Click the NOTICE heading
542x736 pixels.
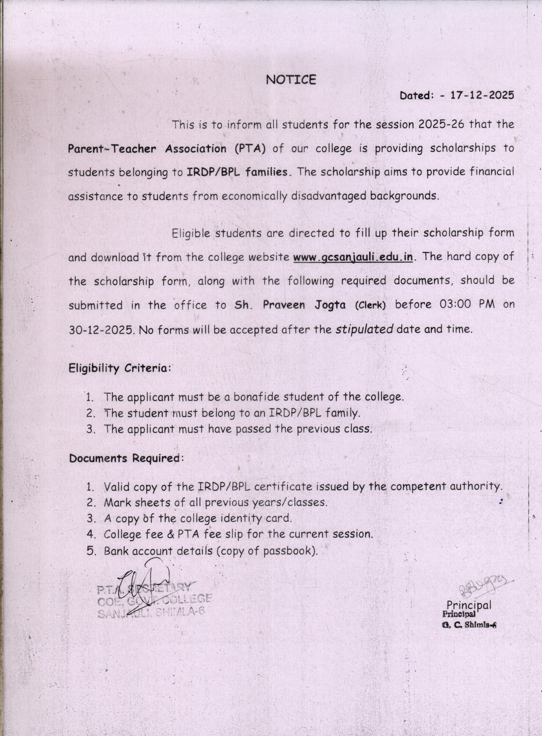(291, 79)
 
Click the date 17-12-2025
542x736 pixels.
(482, 95)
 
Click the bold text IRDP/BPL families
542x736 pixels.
(237, 172)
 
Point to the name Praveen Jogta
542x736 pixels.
(305, 305)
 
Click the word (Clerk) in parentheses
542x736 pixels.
(370, 305)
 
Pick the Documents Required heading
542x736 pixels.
(126, 458)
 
